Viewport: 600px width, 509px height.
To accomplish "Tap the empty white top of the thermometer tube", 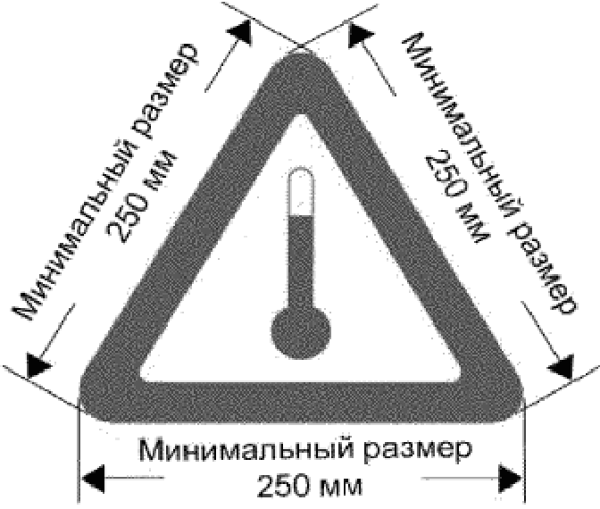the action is (301, 192).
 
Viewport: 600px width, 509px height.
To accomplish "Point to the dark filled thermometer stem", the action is (301, 259).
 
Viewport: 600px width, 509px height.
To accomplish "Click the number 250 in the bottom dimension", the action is (282, 488).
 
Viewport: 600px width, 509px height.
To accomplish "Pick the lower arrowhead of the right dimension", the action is (563, 367).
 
